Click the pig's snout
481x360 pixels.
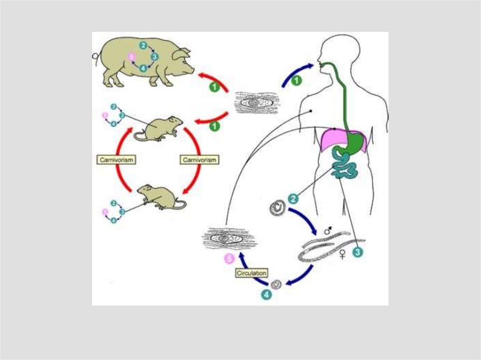tap(191, 69)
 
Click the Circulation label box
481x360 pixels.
tap(252, 273)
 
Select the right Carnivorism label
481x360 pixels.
tap(200, 160)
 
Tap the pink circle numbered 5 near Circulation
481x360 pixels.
tap(229, 259)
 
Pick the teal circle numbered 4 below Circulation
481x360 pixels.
tap(266, 294)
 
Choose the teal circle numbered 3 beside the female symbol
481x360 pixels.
tap(358, 253)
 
